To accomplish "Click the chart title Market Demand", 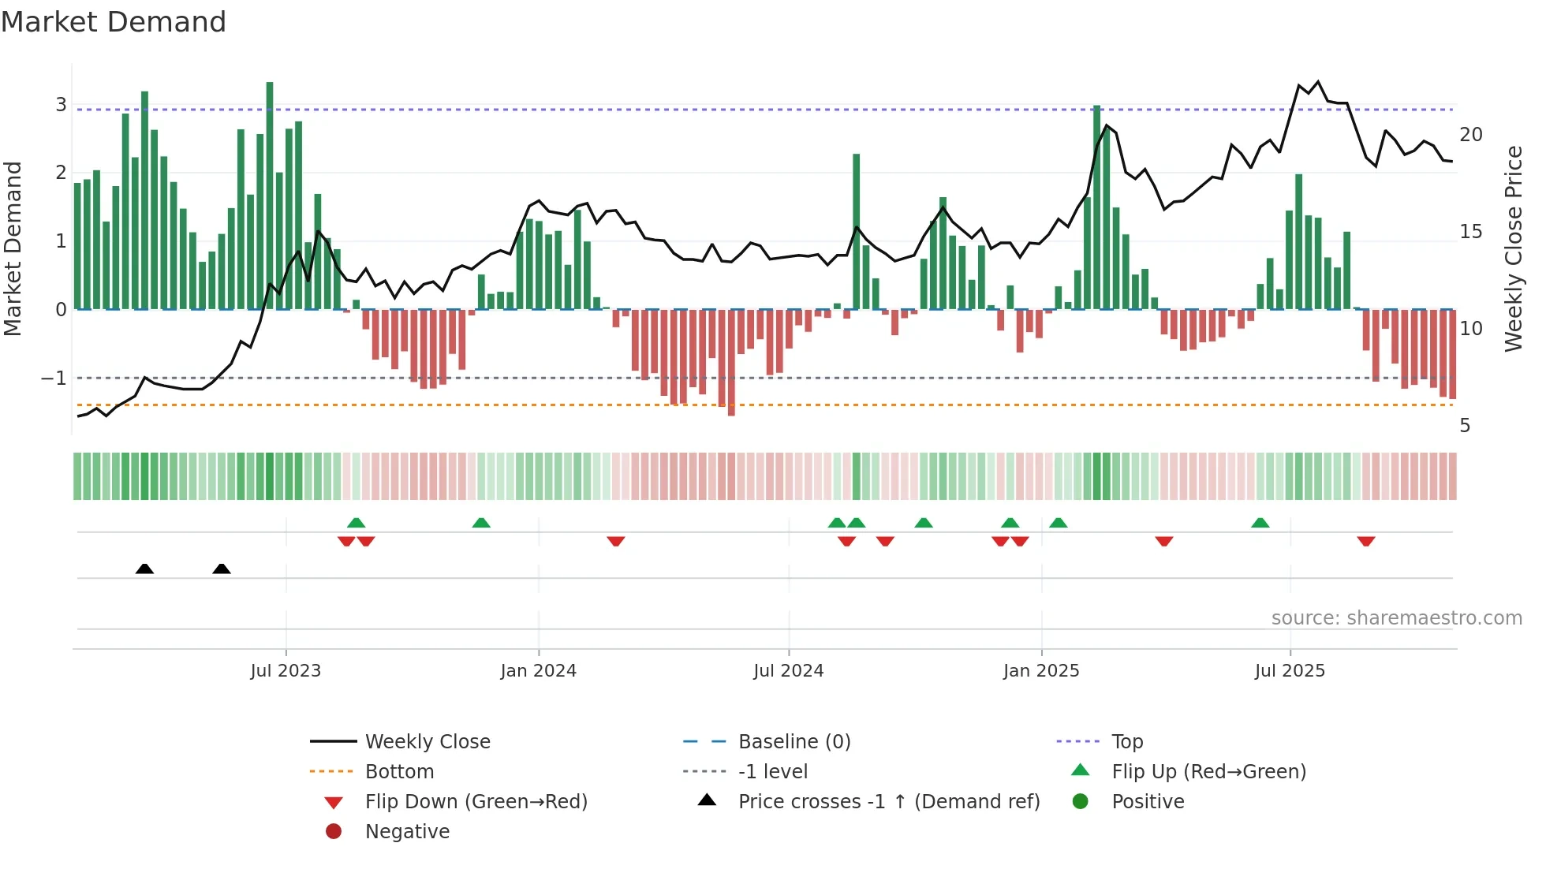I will [114, 22].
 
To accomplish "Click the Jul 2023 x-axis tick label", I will [286, 671].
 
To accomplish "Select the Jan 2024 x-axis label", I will [539, 671].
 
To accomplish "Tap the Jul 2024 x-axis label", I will [788, 671].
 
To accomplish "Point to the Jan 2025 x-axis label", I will [1041, 671].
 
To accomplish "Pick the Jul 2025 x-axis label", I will [1290, 671].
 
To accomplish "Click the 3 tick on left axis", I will [61, 105].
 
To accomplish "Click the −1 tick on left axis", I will [54, 379].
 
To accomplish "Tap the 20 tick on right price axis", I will [1470, 135].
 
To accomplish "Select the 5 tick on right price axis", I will [1465, 426].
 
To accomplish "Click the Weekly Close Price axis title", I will [1513, 248].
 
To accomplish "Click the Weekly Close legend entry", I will [427, 742].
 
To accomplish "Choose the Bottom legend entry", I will [399, 772].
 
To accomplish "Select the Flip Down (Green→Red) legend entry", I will [476, 802].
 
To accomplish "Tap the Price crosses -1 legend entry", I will [888, 802].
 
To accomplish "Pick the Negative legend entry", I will [407, 832].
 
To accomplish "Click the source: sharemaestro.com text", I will [1396, 618].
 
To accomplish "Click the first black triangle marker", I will [144, 569].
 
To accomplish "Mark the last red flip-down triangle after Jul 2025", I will [1366, 541].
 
